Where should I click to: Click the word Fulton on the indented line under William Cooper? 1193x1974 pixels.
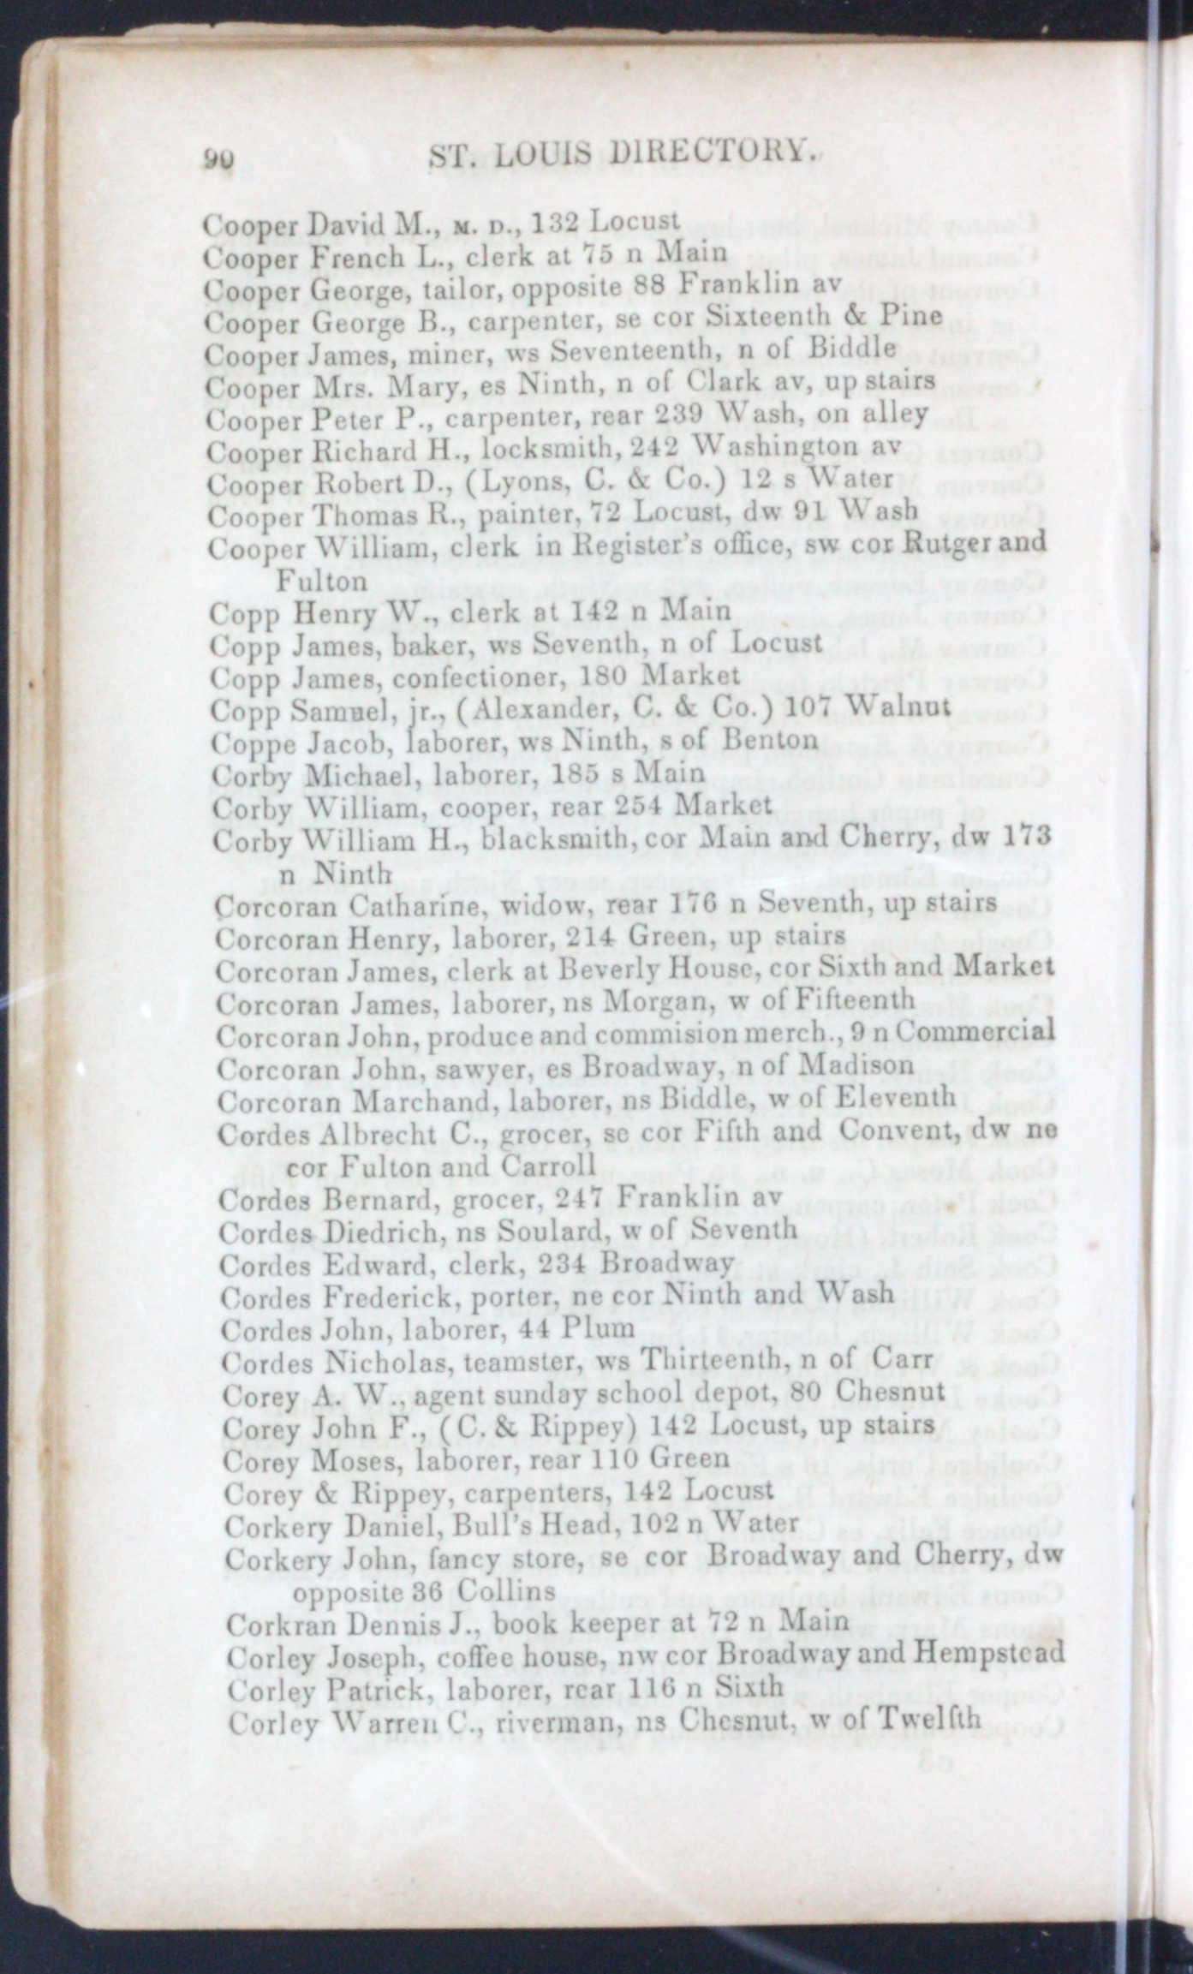pos(320,581)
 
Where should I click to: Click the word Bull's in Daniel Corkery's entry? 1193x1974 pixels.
pos(504,1524)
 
